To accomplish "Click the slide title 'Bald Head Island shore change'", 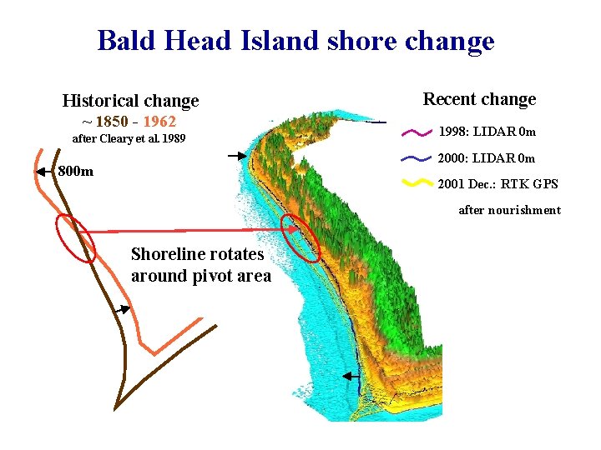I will pyautogui.click(x=295, y=40).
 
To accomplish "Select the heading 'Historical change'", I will pyautogui.click(x=130, y=101).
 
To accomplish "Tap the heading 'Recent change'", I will pyautogui.click(x=479, y=99).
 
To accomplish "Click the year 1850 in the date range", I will pyautogui.click(x=112, y=122).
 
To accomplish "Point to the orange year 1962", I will pyautogui.click(x=159, y=122).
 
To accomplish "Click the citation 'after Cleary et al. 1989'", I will pyautogui.click(x=129, y=138).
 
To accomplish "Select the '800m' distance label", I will pyautogui.click(x=76, y=172).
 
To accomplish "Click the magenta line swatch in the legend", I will pyautogui.click(x=417, y=132).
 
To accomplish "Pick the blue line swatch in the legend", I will pyautogui.click(x=417, y=157).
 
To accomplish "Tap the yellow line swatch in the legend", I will pyautogui.click(x=417, y=183).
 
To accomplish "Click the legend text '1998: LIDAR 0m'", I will pyautogui.click(x=487, y=132).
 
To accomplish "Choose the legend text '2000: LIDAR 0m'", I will pyautogui.click(x=487, y=158).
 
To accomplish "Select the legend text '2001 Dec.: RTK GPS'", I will pyautogui.click(x=498, y=184).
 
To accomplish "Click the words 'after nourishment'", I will pyautogui.click(x=509, y=210).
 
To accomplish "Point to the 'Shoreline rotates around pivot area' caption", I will pyautogui.click(x=201, y=265).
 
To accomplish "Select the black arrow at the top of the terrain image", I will pyautogui.click(x=237, y=155).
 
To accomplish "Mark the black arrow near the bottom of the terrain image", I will pyautogui.click(x=351, y=377).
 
